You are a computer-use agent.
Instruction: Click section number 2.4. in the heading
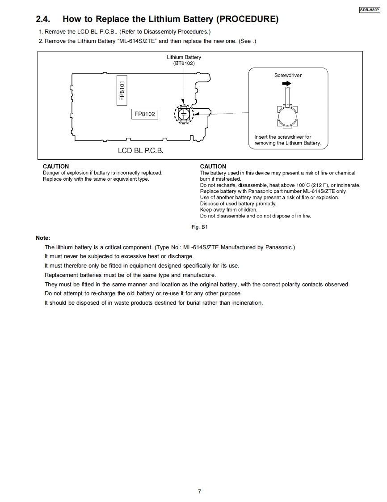(x=43, y=19)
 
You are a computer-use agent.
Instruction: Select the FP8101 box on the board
(x=122, y=90)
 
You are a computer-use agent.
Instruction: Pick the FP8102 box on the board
(x=144, y=114)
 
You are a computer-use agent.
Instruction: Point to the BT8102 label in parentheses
(x=184, y=63)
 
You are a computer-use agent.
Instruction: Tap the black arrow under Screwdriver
(x=286, y=84)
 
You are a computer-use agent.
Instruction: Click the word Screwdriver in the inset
(x=288, y=75)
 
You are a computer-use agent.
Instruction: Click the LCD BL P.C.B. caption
(x=141, y=151)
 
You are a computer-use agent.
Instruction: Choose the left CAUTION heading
(x=56, y=166)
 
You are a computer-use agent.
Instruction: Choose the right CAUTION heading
(x=213, y=166)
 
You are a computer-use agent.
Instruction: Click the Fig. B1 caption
(x=200, y=227)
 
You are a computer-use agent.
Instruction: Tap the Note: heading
(x=43, y=238)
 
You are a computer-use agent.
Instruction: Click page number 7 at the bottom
(x=199, y=491)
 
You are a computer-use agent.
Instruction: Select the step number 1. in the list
(x=41, y=32)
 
